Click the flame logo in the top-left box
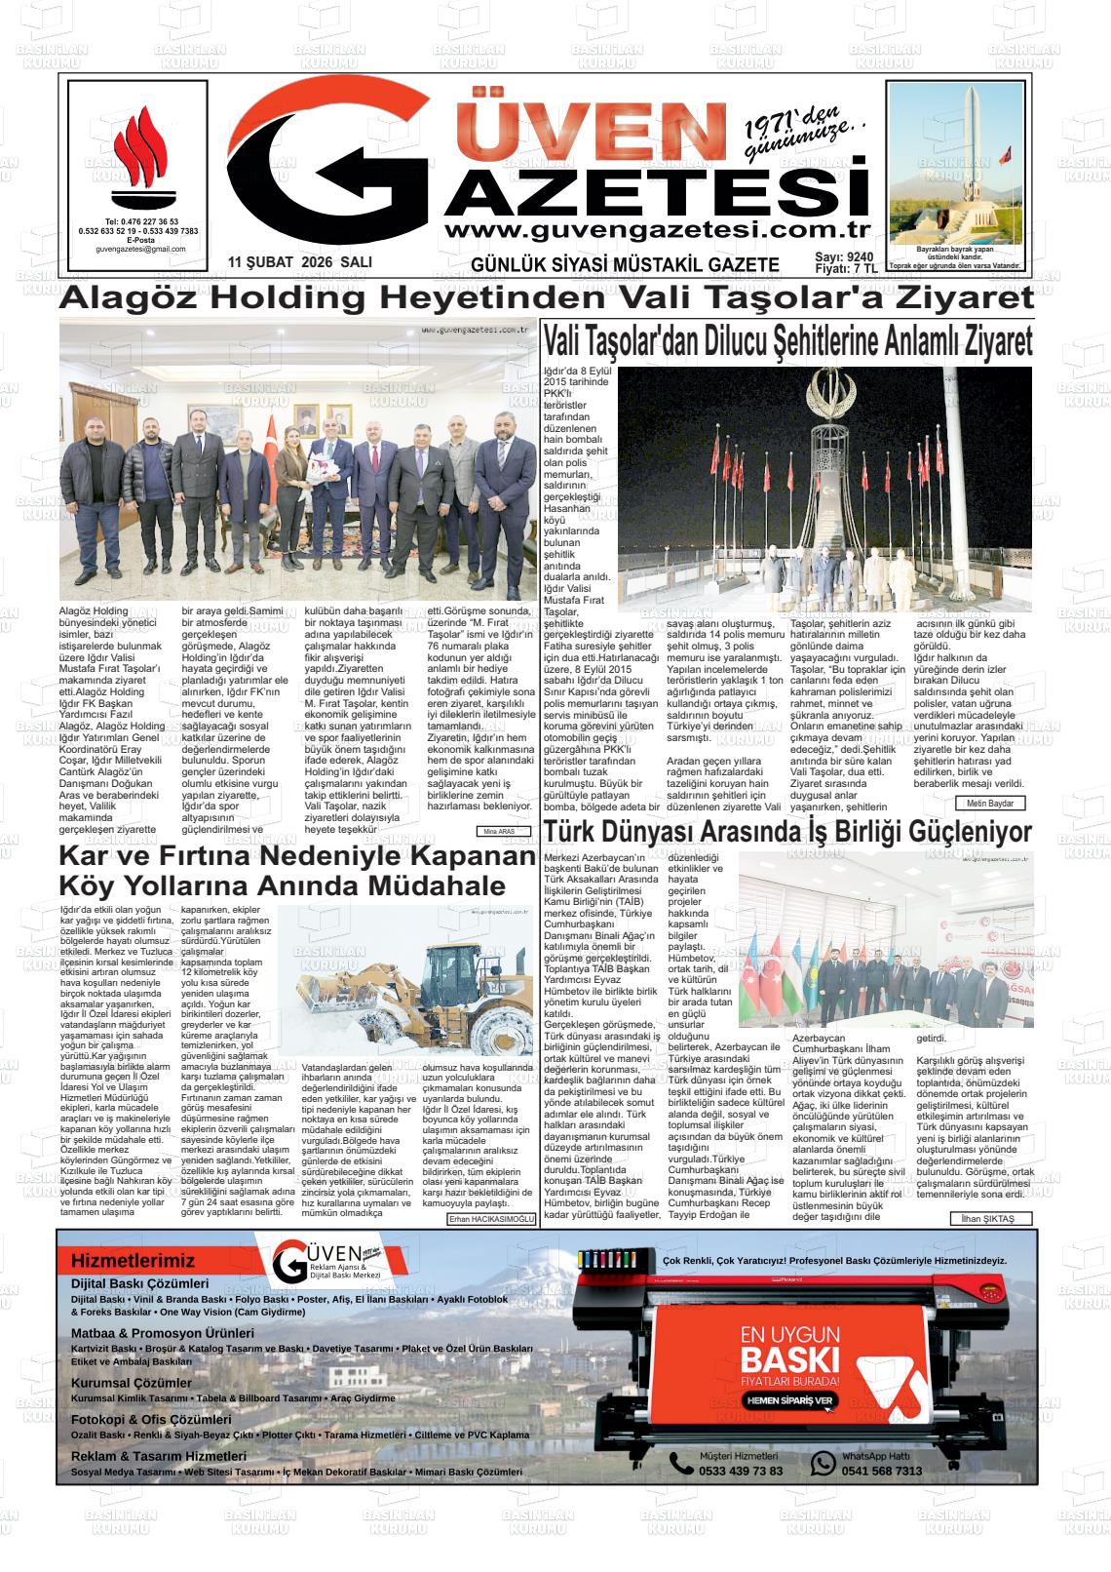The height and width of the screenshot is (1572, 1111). click(x=140, y=156)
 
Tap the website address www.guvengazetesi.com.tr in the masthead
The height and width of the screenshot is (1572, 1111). click(x=655, y=231)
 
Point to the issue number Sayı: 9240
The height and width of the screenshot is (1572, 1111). click(x=844, y=256)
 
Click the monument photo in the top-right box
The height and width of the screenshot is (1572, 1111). click(x=957, y=162)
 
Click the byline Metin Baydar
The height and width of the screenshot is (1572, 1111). click(x=989, y=804)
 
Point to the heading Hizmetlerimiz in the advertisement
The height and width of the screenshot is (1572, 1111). click(x=133, y=1261)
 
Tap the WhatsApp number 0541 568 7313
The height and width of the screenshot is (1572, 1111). click(x=881, y=1471)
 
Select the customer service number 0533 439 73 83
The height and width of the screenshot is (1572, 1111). click(x=740, y=1471)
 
